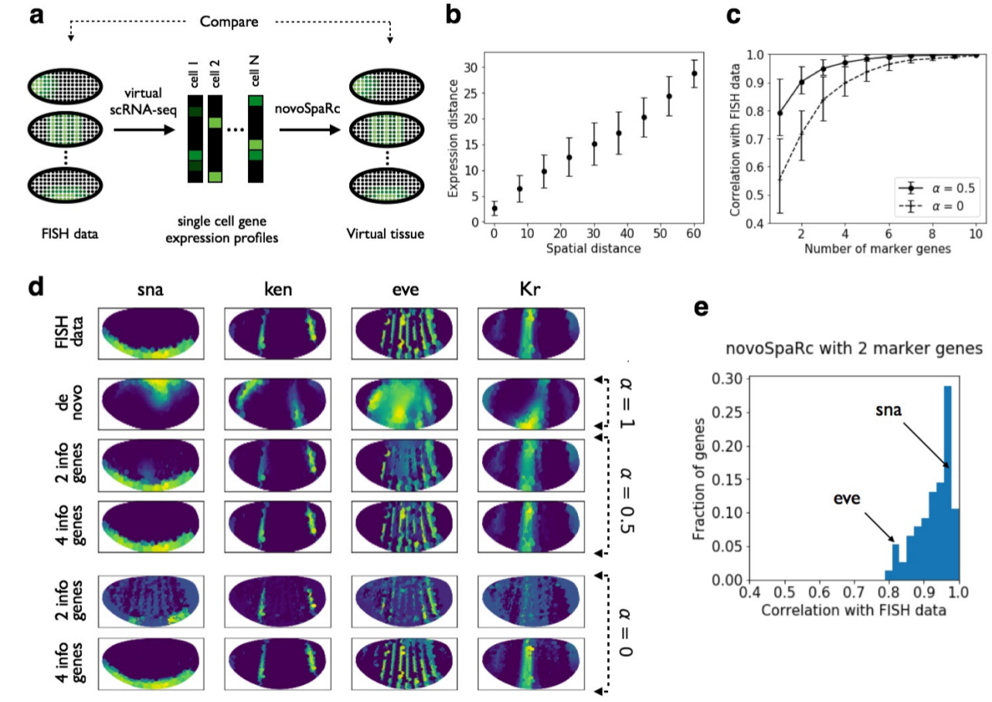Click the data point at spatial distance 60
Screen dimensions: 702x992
(x=693, y=73)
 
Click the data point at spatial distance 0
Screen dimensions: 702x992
(x=494, y=209)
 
